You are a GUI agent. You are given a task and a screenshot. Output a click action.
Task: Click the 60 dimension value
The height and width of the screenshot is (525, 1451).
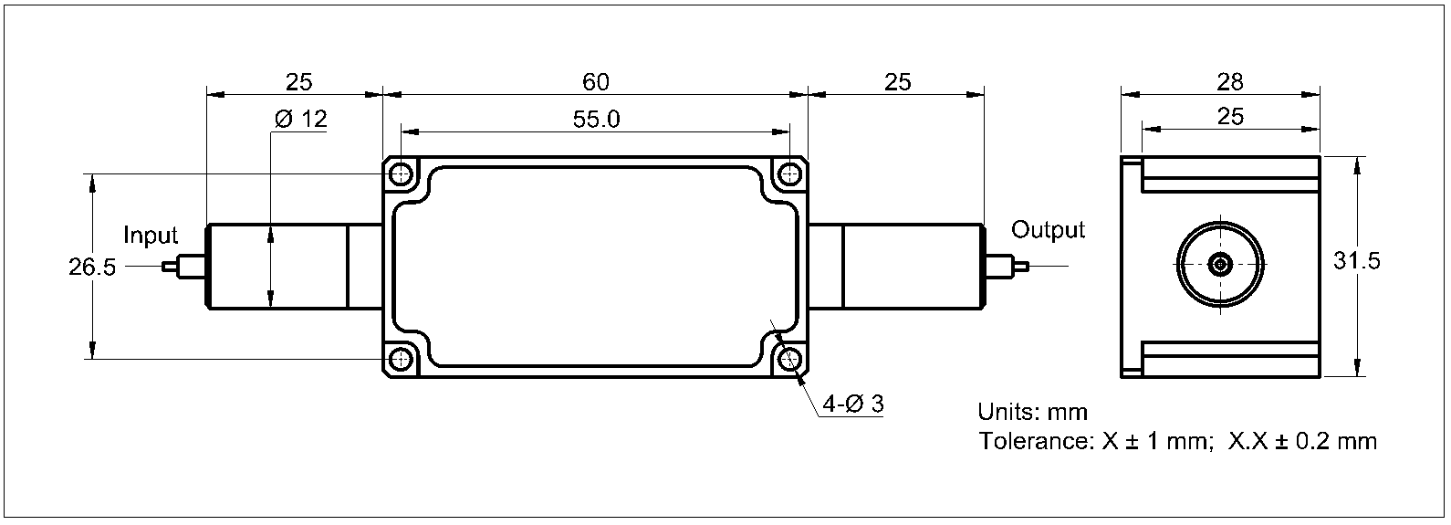595,82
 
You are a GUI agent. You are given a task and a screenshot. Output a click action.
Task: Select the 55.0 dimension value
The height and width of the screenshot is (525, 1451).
595,120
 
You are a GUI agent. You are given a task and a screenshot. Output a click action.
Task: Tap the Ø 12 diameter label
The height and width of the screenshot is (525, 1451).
300,120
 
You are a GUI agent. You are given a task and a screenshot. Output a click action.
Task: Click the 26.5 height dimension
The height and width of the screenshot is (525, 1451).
91,268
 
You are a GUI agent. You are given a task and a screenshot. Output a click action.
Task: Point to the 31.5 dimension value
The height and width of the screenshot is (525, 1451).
1356,261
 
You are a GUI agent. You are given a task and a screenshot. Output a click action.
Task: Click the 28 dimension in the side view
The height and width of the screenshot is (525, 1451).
1230,82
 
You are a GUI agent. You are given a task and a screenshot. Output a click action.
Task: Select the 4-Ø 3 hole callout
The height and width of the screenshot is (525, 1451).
852,404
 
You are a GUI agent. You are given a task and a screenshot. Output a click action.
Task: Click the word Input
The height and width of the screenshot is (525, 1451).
151,236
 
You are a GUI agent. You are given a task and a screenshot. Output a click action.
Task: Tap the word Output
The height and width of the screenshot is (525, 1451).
1048,230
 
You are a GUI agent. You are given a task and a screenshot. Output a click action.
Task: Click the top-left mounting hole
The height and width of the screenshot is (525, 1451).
400,173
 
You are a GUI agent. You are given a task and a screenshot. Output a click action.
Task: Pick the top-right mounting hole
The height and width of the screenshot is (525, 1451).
789,173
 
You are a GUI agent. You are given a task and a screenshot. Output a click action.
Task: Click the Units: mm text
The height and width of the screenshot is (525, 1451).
1032,412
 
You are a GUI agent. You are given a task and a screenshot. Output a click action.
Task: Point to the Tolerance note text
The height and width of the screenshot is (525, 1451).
1177,442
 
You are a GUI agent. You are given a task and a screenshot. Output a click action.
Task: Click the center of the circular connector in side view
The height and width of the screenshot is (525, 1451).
1220,265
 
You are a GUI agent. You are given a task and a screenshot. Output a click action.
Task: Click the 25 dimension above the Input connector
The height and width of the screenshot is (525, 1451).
298,82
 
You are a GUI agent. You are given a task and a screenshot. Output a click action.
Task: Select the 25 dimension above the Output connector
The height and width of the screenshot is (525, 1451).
898,82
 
